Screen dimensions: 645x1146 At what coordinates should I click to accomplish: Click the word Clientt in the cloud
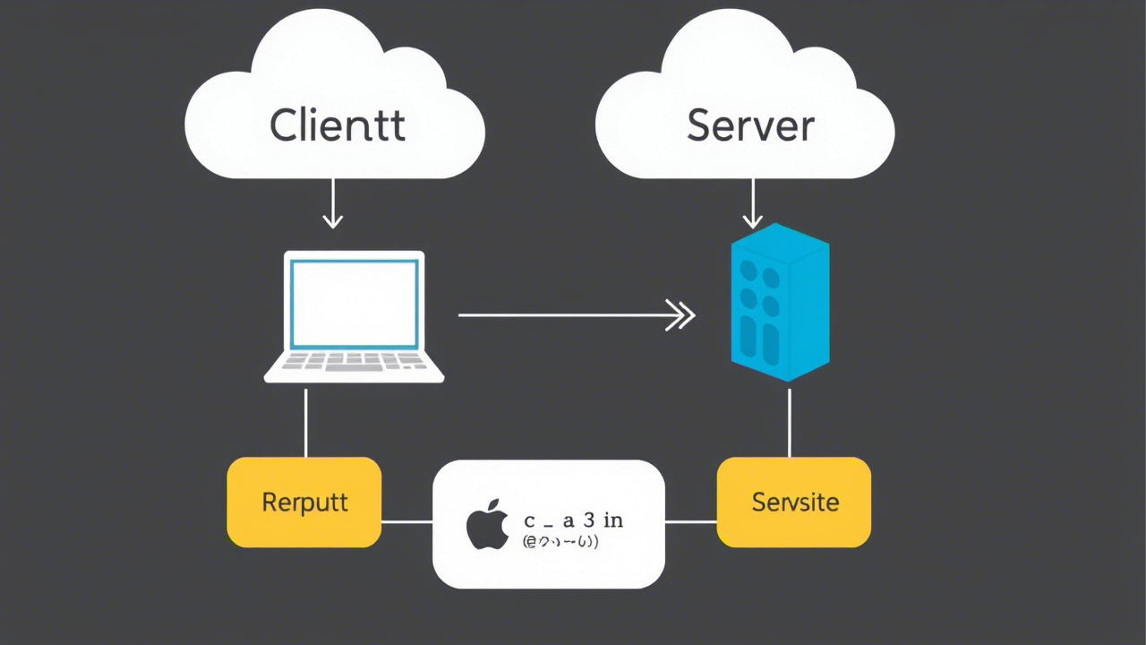click(337, 125)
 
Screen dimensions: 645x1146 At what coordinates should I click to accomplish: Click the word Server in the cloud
click(750, 125)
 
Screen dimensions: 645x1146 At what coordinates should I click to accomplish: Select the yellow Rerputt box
click(304, 502)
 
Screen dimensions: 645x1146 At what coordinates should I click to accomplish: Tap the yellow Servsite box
click(794, 502)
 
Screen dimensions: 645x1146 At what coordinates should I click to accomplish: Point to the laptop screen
click(355, 304)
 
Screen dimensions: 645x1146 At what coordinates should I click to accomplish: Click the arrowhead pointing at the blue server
click(682, 315)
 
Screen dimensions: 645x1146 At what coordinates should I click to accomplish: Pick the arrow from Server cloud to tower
click(753, 204)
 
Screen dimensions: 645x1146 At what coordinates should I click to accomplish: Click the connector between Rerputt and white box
click(407, 521)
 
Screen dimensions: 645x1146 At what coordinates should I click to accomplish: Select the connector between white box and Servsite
click(690, 521)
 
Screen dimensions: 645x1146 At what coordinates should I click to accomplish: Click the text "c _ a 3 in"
click(573, 520)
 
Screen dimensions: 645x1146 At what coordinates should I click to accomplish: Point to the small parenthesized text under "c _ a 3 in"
click(560, 542)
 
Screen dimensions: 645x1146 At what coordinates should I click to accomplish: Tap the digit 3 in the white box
click(588, 520)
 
